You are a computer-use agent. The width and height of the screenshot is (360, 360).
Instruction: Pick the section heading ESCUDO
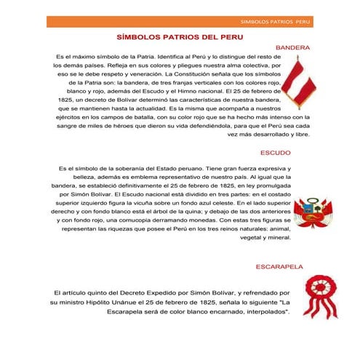click(276, 153)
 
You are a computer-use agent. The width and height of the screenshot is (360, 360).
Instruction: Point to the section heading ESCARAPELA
click(279, 267)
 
